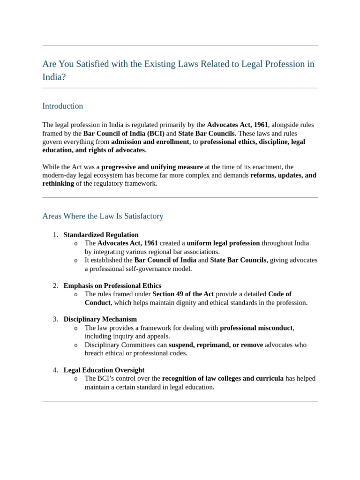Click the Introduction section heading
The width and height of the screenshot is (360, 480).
pyautogui.click(x=62, y=106)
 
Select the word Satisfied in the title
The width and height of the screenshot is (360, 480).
pyautogui.click(x=90, y=64)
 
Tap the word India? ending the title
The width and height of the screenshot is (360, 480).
pyautogui.click(x=54, y=77)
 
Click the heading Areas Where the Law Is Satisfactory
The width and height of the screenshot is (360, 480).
pyautogui.click(x=103, y=216)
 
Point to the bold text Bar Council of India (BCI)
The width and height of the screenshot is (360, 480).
pyautogui.click(x=124, y=133)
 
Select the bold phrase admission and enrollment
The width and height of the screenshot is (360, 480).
pyautogui.click(x=150, y=142)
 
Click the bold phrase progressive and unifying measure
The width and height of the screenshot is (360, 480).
pyautogui.click(x=152, y=167)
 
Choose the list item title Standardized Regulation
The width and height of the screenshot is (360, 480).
pyautogui.click(x=101, y=235)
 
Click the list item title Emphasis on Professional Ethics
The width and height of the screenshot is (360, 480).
pyautogui.click(x=112, y=285)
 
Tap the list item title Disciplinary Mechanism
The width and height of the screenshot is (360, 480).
pyautogui.click(x=100, y=319)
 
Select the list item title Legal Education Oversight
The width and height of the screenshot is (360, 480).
pyautogui.click(x=104, y=370)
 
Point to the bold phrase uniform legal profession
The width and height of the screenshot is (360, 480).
pyautogui.click(x=223, y=243)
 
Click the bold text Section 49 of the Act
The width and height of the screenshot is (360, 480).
pyautogui.click(x=183, y=294)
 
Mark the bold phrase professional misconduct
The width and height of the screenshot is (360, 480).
pyautogui.click(x=256, y=328)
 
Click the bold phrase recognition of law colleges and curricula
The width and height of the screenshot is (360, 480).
pyautogui.click(x=223, y=378)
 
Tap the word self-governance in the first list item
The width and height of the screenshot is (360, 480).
pyautogui.click(x=141, y=269)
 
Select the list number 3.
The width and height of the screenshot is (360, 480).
pyautogui.click(x=55, y=319)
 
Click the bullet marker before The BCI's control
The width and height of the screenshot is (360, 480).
pyautogui.click(x=76, y=379)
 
